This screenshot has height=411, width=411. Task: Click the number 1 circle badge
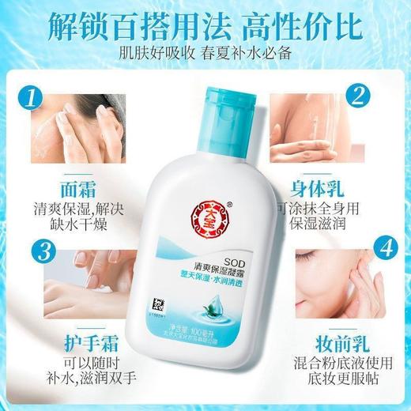32,100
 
